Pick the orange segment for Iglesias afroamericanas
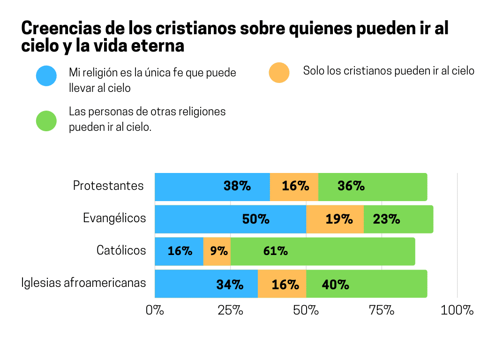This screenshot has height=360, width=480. (282, 284)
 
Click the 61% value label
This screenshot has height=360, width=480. (275, 251)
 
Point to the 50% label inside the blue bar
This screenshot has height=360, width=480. (255, 219)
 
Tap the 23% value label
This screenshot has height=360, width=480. (386, 219)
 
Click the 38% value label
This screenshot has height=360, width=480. (237, 187)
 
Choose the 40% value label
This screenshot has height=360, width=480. (335, 284)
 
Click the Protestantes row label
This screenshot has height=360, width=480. (108, 186)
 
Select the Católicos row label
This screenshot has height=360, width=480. (121, 250)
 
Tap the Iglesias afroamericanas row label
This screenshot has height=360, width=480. (83, 283)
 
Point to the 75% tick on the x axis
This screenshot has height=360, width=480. (381, 310)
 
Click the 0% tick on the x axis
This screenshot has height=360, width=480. (155, 310)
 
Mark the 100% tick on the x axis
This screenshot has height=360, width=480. (457, 310)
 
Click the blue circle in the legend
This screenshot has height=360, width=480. (46, 76)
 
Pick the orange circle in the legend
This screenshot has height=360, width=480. (279, 72)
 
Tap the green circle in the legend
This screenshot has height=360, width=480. (46, 121)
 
